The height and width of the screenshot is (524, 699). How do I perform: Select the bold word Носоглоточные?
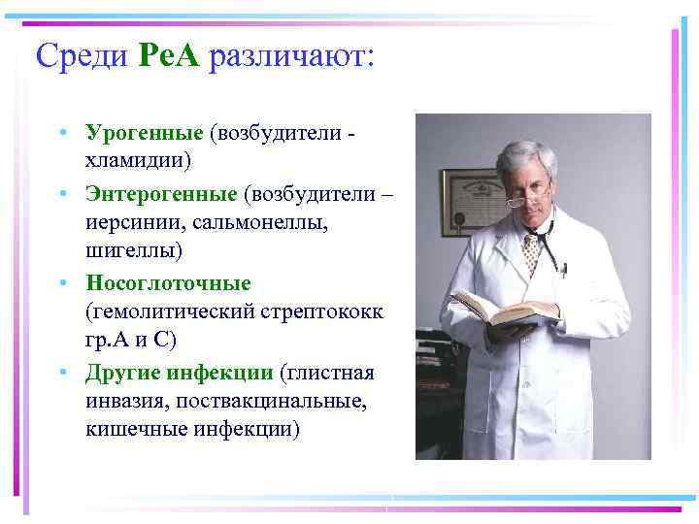(x=168, y=284)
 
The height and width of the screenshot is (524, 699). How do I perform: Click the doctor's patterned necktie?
(x=530, y=252)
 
